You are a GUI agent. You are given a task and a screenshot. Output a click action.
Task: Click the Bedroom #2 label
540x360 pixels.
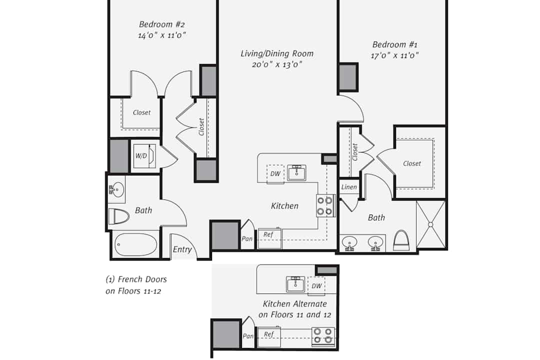[x=162, y=24]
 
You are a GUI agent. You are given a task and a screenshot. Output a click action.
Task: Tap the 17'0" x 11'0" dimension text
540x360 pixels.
[x=394, y=55]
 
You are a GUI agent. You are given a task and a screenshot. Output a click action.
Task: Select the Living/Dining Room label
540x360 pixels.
[x=277, y=53]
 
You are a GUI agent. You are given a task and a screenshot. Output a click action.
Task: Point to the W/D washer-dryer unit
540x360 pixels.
[x=144, y=156]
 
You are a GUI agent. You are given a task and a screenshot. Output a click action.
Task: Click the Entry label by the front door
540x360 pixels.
[x=182, y=249]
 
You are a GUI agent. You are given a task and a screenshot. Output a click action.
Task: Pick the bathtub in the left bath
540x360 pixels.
[x=135, y=244]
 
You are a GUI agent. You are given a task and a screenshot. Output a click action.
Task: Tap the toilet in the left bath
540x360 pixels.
[x=118, y=216]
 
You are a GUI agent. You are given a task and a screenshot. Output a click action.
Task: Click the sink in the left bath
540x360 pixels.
[x=116, y=189]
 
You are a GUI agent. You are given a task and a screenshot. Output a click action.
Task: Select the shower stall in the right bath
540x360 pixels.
[x=430, y=224]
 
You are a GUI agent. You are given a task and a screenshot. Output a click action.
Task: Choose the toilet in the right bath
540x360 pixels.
[x=401, y=240]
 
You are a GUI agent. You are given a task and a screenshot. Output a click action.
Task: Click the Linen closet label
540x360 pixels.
[x=349, y=187]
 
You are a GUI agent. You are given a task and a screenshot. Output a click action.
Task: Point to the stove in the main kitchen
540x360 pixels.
[x=325, y=205]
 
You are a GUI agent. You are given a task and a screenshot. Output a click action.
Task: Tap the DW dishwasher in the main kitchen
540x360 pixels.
[x=275, y=174]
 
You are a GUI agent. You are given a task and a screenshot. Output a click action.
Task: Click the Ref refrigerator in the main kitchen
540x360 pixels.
[x=269, y=238]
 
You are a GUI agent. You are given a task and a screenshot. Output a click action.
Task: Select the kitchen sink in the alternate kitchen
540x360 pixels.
[x=295, y=284]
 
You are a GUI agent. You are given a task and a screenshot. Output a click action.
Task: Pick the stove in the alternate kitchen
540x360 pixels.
[x=323, y=336]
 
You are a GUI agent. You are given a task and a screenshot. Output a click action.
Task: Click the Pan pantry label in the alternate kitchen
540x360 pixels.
[x=248, y=336]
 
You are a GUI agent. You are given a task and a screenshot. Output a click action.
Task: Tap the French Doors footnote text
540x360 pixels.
[x=136, y=285]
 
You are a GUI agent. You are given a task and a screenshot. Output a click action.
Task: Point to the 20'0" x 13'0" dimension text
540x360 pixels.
[x=277, y=64]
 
